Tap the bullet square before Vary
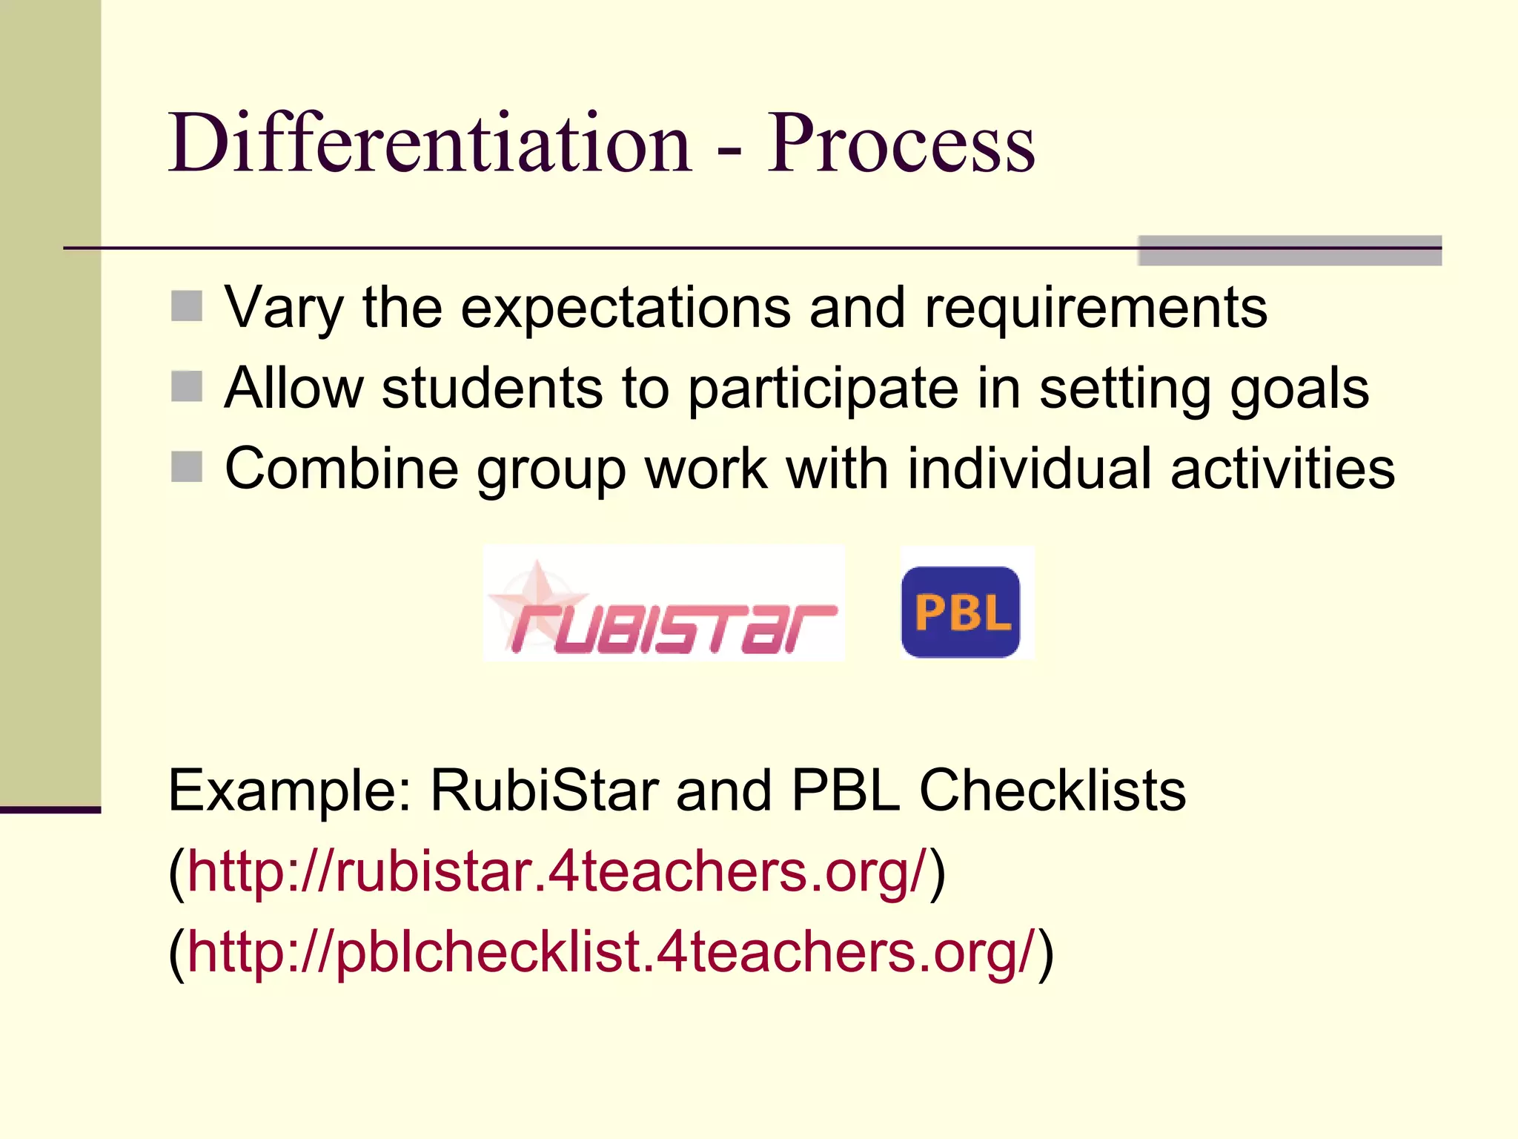187,306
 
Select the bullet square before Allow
187,386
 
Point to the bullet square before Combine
187,467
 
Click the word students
492,388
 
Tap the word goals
1299,388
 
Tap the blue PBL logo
961,612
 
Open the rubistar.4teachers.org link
557,871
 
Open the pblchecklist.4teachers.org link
610,952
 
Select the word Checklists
1053,790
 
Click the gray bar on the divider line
1290,251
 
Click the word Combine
341,469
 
